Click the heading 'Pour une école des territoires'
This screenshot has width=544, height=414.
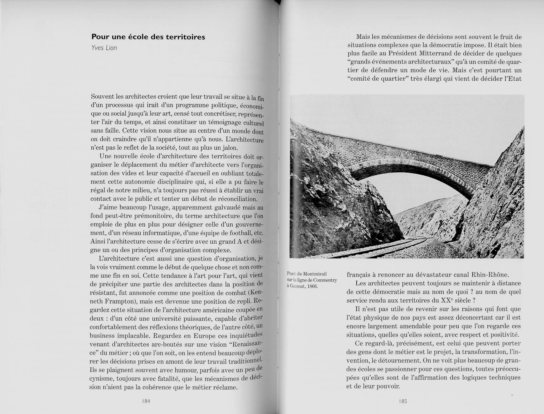click(148, 37)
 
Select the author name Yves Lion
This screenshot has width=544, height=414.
click(104, 48)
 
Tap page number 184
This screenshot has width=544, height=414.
click(146, 401)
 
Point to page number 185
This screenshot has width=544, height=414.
click(403, 401)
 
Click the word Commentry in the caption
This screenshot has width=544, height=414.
click(325, 280)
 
